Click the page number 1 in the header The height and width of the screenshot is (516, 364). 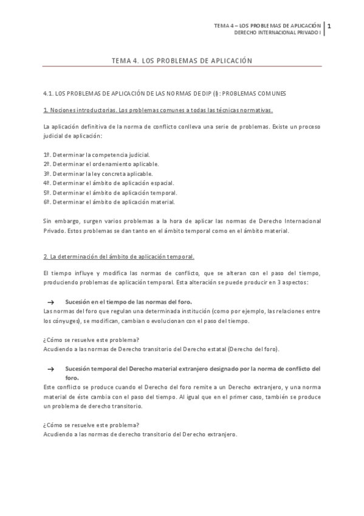pos(329,26)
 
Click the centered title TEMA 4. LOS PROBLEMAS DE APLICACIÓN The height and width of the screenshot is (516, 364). pos(182,61)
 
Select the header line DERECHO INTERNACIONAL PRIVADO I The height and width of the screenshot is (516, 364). pos(277,33)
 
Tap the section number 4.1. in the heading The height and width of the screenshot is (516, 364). pos(49,94)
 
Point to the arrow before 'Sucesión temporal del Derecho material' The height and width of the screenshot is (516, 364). pos(52,369)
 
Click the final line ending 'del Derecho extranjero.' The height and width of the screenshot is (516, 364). pos(140,434)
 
